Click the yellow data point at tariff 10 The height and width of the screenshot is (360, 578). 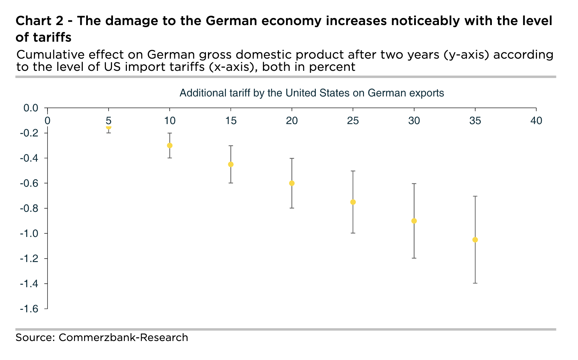[x=170, y=145]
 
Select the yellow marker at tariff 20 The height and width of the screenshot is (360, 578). [x=292, y=183]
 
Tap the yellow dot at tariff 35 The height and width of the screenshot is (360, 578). [x=475, y=240]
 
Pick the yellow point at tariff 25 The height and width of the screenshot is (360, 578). [x=353, y=202]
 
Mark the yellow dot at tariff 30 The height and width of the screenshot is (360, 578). [x=414, y=221]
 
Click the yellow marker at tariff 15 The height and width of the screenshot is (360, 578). [x=231, y=164]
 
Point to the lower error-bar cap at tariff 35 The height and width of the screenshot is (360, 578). [x=475, y=283]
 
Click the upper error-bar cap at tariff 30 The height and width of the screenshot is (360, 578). [x=414, y=183]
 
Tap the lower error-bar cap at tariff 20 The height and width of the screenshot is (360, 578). [x=292, y=208]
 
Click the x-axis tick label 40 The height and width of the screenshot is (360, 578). [x=536, y=120]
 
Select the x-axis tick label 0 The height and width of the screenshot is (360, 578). [x=47, y=120]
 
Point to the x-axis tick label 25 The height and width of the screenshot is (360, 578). [x=353, y=120]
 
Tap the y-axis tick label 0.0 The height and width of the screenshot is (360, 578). [x=31, y=108]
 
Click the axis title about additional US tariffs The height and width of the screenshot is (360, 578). [x=311, y=93]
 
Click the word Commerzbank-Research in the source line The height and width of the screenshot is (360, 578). [x=123, y=338]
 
